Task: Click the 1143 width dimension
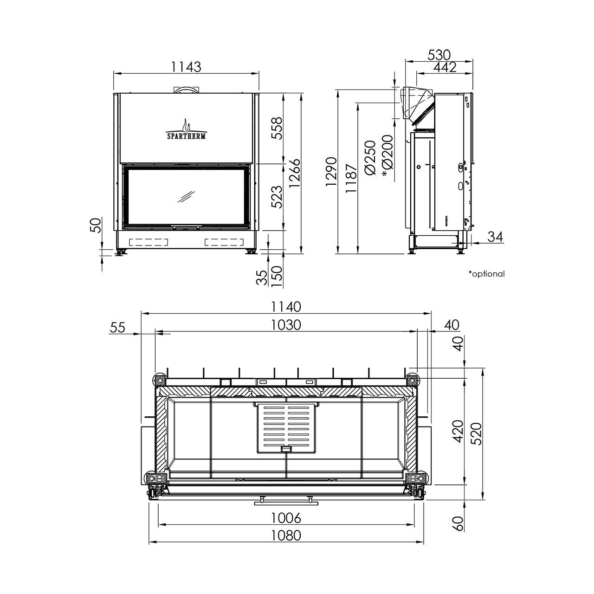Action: pyautogui.click(x=186, y=66)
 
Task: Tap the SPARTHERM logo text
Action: pyautogui.click(x=186, y=136)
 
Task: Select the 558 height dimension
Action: pyautogui.click(x=278, y=128)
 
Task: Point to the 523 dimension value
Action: pyautogui.click(x=278, y=197)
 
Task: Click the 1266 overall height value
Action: pyautogui.click(x=295, y=173)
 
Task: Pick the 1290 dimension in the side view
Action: pyautogui.click(x=331, y=171)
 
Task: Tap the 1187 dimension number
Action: pyautogui.click(x=351, y=179)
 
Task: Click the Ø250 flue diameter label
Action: pyautogui.click(x=370, y=158)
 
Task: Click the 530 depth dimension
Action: pyautogui.click(x=439, y=55)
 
